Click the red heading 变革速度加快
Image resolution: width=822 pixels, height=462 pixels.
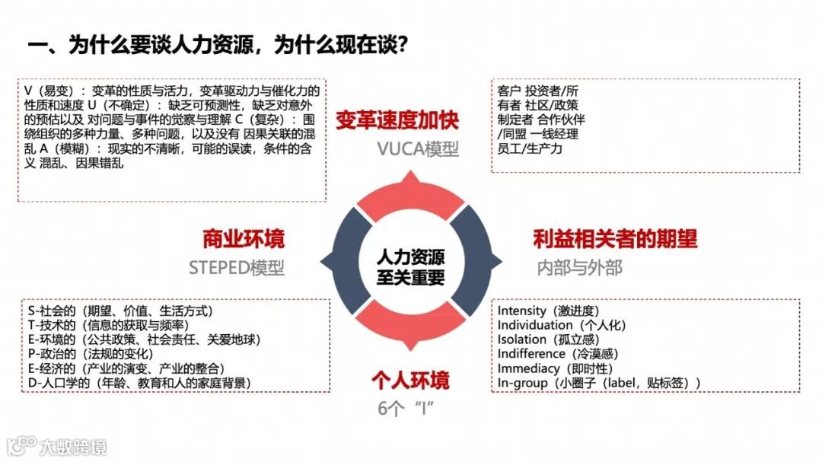pos(397,120)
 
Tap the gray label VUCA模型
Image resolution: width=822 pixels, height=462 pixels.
pos(418,148)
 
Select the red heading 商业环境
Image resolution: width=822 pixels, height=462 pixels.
pos(243,239)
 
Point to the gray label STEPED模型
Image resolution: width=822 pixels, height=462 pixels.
pos(237,267)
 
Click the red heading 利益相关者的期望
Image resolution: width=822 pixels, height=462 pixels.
pos(615,239)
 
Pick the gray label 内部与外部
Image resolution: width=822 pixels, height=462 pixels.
pos(579,267)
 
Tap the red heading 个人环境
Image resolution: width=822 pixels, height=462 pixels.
pos(409,379)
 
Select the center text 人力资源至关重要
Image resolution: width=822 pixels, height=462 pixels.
pos(410,266)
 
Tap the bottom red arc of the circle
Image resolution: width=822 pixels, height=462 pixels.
pos(410,335)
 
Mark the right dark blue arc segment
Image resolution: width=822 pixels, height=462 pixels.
pos(478,263)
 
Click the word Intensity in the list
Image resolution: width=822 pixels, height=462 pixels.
pos(522,311)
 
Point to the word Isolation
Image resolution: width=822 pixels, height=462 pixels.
pos(522,339)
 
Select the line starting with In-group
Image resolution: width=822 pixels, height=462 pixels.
pos(598,383)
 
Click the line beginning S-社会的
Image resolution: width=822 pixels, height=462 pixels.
pos(119,311)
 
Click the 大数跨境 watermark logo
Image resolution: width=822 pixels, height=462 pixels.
pos(57,445)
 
